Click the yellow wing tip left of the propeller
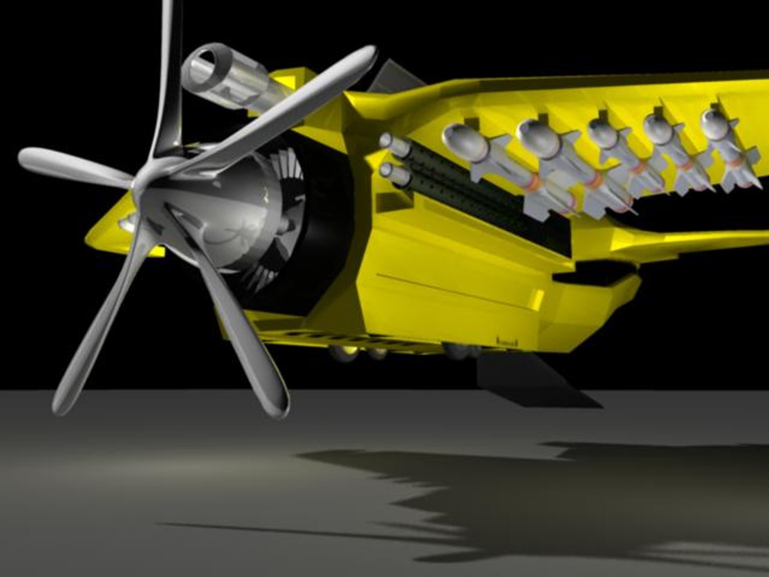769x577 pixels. pos(107,230)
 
